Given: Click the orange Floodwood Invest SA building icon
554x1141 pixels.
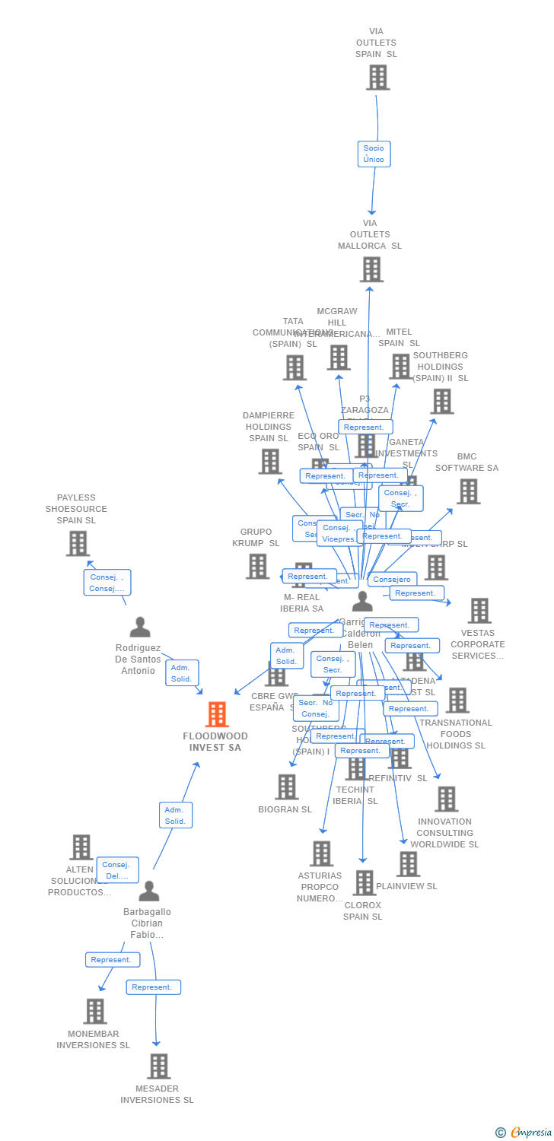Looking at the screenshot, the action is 217,714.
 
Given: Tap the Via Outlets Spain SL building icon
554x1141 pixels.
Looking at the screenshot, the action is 377,78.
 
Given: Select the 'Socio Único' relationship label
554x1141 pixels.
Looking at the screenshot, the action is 374,154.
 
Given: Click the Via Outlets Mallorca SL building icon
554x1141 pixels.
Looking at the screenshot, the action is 371,269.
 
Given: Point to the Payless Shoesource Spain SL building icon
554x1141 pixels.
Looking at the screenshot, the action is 77,543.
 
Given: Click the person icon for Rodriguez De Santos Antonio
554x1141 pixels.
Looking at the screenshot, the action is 140,628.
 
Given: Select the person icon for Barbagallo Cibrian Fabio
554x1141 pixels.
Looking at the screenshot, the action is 149,891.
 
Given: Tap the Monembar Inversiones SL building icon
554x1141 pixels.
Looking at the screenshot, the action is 95,1011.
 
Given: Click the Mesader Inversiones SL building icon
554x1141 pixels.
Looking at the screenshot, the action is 158,1066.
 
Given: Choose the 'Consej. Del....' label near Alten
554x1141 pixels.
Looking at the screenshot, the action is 117,870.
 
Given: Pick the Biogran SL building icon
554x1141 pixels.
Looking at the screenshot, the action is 286,787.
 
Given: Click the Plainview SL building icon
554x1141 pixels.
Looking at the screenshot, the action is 408,864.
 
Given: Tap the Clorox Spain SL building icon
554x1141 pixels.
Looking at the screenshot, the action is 365,882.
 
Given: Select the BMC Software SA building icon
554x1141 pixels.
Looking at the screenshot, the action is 468,491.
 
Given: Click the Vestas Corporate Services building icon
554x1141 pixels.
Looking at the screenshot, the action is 479,610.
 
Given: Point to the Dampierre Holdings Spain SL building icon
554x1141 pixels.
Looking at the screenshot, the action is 269,461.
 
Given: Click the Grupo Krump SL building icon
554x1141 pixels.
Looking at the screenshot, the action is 257,566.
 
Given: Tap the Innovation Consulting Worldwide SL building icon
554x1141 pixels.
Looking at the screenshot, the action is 446,799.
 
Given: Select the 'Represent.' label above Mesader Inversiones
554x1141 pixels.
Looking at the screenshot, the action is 154,987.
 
